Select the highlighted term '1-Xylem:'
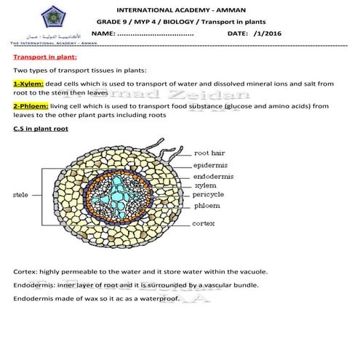pos(28,84)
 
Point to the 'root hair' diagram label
pos(213,154)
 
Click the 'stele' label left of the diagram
pos(21,195)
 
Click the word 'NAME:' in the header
pos(105,33)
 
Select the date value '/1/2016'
pos(268,33)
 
